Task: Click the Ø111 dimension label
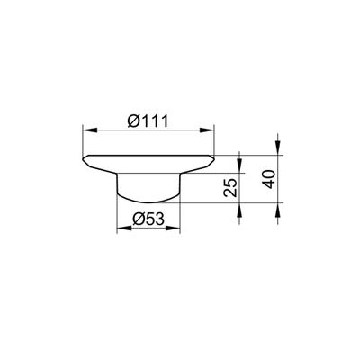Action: click(x=148, y=121)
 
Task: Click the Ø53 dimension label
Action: click(x=148, y=220)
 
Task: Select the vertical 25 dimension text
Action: click(x=230, y=187)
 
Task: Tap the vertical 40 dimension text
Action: click(x=269, y=179)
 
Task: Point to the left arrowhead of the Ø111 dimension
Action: click(x=89, y=130)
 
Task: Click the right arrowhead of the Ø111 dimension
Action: click(x=207, y=130)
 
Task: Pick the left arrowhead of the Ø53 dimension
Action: click(x=124, y=229)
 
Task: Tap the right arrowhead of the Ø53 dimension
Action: click(x=172, y=229)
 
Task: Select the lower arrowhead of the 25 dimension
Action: click(x=239, y=210)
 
